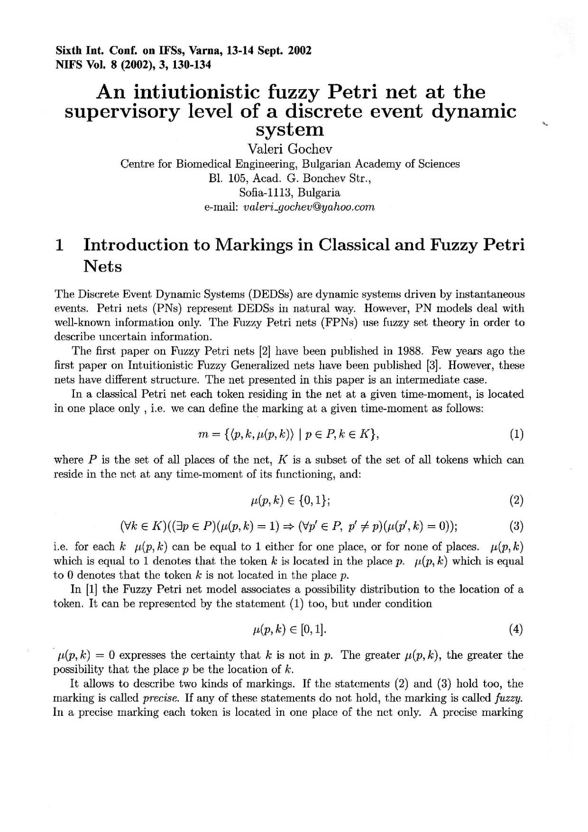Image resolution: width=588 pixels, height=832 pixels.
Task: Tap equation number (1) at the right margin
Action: (516, 434)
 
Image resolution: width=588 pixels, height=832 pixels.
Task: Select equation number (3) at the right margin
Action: (516, 527)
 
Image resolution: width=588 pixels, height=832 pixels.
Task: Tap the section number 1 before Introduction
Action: (59, 245)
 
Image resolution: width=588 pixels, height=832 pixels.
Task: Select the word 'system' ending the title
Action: (291, 129)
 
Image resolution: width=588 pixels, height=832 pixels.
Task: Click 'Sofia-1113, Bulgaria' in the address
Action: (290, 193)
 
